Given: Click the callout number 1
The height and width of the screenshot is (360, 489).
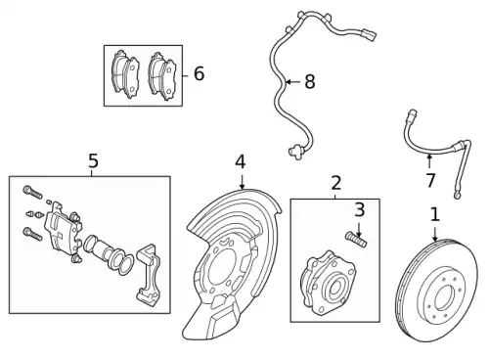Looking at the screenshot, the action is pos(435,215).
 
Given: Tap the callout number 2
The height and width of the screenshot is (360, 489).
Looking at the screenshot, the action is pos(336,183).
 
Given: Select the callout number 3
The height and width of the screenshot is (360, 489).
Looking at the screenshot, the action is pos(359,209).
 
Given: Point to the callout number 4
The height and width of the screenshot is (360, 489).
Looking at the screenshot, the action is pos(241,162).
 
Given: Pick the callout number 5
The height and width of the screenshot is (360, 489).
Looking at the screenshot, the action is pos(93,160).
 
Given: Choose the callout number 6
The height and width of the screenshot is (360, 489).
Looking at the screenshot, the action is pos(199,73).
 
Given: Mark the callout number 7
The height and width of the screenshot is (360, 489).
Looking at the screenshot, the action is pos(430,180).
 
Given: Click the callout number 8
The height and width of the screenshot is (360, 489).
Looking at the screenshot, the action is pos(310,81).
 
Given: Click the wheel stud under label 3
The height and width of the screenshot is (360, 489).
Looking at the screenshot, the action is pos(356,239).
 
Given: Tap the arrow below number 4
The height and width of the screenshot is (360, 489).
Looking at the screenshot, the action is pos(242,181).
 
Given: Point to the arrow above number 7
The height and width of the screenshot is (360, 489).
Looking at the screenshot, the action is pos(429,162).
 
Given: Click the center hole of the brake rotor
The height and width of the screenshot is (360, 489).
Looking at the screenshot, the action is pos(444,297).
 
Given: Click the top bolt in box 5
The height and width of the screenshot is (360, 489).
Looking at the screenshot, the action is pos(32,193).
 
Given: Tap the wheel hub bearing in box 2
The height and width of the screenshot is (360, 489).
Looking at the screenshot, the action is pos(328,283).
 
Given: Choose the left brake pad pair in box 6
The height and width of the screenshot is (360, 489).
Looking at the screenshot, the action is pos(125,74).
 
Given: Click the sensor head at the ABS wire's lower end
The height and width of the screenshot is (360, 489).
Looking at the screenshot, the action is pos(295,152).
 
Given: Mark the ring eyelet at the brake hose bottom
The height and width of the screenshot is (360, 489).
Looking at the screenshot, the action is pos(458,196).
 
